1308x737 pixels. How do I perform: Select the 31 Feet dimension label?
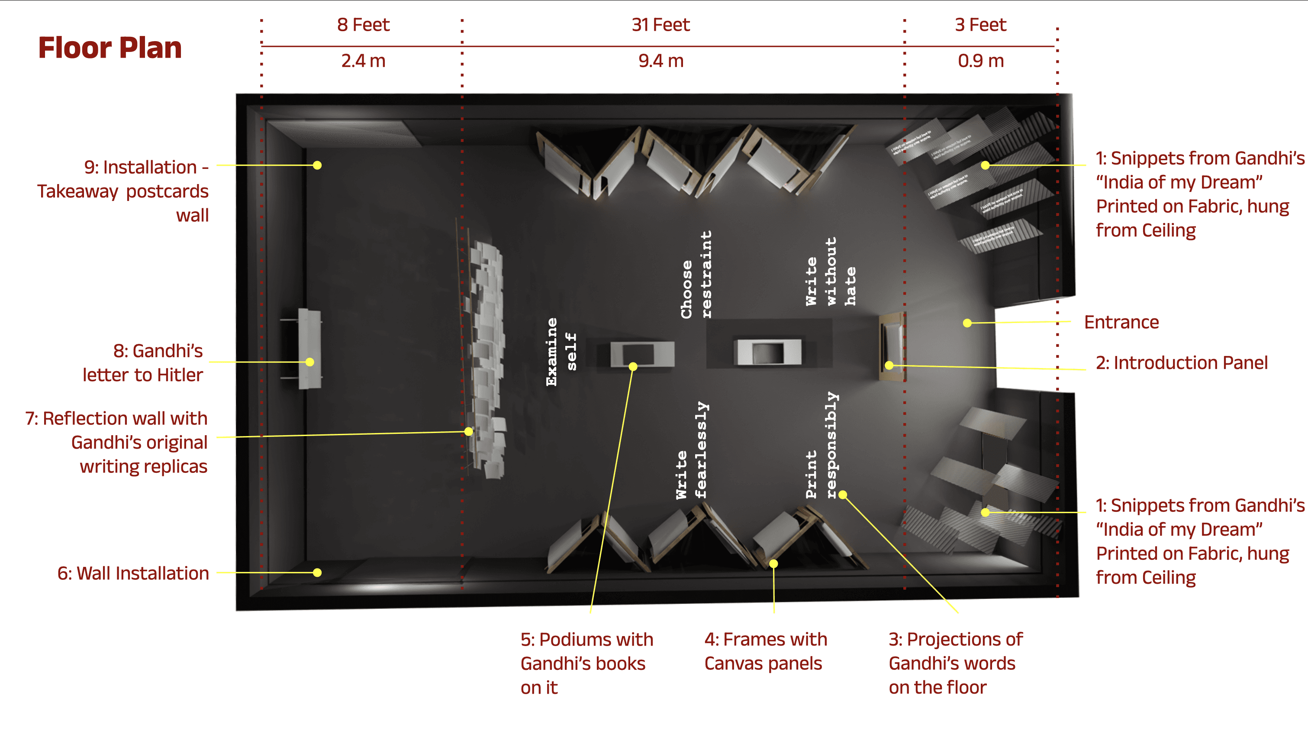point(660,24)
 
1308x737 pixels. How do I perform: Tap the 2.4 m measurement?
point(363,61)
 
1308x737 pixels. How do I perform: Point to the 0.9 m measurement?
point(980,61)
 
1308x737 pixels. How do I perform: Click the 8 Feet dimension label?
point(363,24)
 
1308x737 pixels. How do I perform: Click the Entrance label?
point(1121,322)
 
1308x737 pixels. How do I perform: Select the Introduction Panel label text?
point(1181,363)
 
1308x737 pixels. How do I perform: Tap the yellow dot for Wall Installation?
point(317,572)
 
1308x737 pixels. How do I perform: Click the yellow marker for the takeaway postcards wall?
point(317,165)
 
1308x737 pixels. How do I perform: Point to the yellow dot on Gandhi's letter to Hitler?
point(310,362)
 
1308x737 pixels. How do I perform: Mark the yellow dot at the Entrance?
point(967,323)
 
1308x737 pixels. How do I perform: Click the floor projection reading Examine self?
point(561,352)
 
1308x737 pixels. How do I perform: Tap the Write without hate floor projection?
point(831,272)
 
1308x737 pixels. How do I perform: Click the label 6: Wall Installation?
point(133,573)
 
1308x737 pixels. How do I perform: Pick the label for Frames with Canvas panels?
point(765,651)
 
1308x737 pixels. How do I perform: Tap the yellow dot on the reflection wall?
point(469,431)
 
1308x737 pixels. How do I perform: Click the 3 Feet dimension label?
point(980,24)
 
